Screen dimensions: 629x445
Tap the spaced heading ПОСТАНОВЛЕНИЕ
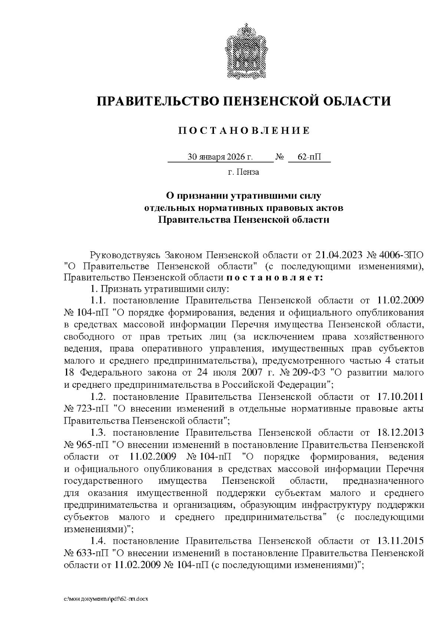click(244, 130)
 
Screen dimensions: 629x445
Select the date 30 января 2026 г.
click(220, 157)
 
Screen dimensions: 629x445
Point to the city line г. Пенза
click(243, 172)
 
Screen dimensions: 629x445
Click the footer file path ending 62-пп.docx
click(106, 599)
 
